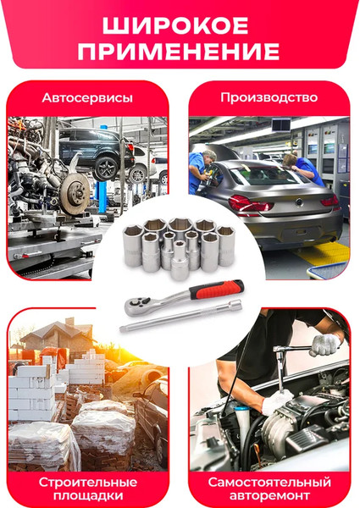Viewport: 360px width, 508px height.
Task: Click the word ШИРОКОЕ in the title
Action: click(180, 24)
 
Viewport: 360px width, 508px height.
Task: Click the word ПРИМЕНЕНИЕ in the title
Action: click(180, 52)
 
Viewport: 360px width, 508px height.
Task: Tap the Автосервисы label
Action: click(87, 98)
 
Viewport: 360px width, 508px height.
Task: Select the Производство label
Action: click(269, 97)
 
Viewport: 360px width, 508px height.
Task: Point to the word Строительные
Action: click(87, 482)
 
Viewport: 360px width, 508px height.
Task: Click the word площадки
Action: click(87, 496)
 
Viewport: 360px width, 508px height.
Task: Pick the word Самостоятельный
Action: click(269, 482)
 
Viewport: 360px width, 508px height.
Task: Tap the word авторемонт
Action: click(269, 496)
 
